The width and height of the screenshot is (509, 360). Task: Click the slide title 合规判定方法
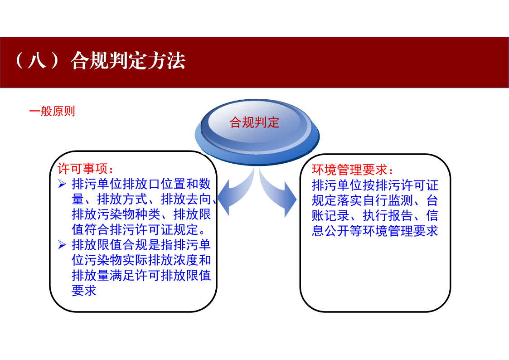point(128,61)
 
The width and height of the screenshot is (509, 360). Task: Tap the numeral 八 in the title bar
point(37,61)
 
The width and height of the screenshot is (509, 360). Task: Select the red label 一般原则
point(52,112)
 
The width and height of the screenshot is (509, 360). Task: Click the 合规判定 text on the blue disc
point(254,122)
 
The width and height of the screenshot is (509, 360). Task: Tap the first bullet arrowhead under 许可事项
point(62,184)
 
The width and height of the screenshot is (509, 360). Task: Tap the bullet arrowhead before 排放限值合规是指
point(62,245)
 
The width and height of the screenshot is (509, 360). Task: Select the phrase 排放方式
point(122,199)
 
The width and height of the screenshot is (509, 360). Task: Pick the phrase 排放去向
point(186,199)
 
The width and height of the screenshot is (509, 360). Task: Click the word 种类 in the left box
point(148,214)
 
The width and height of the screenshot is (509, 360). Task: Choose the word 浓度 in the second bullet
point(186,260)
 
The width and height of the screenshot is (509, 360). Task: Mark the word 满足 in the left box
point(122,276)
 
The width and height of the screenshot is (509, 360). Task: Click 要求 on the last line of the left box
point(84,291)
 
